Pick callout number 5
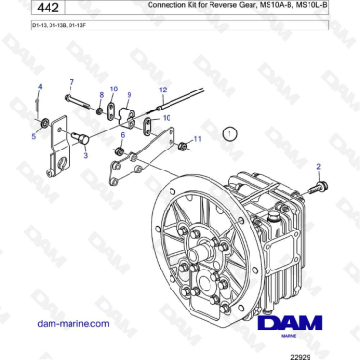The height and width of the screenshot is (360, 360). click(x=122, y=136)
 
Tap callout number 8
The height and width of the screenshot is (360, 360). click(x=129, y=95)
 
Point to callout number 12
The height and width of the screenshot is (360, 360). click(x=163, y=89)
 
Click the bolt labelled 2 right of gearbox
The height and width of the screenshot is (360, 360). click(x=321, y=187)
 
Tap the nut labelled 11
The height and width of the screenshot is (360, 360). click(x=180, y=145)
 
